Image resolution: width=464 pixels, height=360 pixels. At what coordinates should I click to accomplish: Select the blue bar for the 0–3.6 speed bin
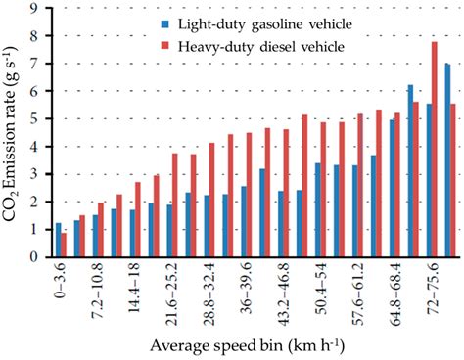[58, 241]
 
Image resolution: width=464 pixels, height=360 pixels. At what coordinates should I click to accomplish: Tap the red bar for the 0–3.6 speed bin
[65, 246]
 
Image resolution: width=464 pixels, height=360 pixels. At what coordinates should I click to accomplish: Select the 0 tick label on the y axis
[36, 257]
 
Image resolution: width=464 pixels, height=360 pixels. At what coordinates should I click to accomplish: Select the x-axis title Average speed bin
[245, 347]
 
